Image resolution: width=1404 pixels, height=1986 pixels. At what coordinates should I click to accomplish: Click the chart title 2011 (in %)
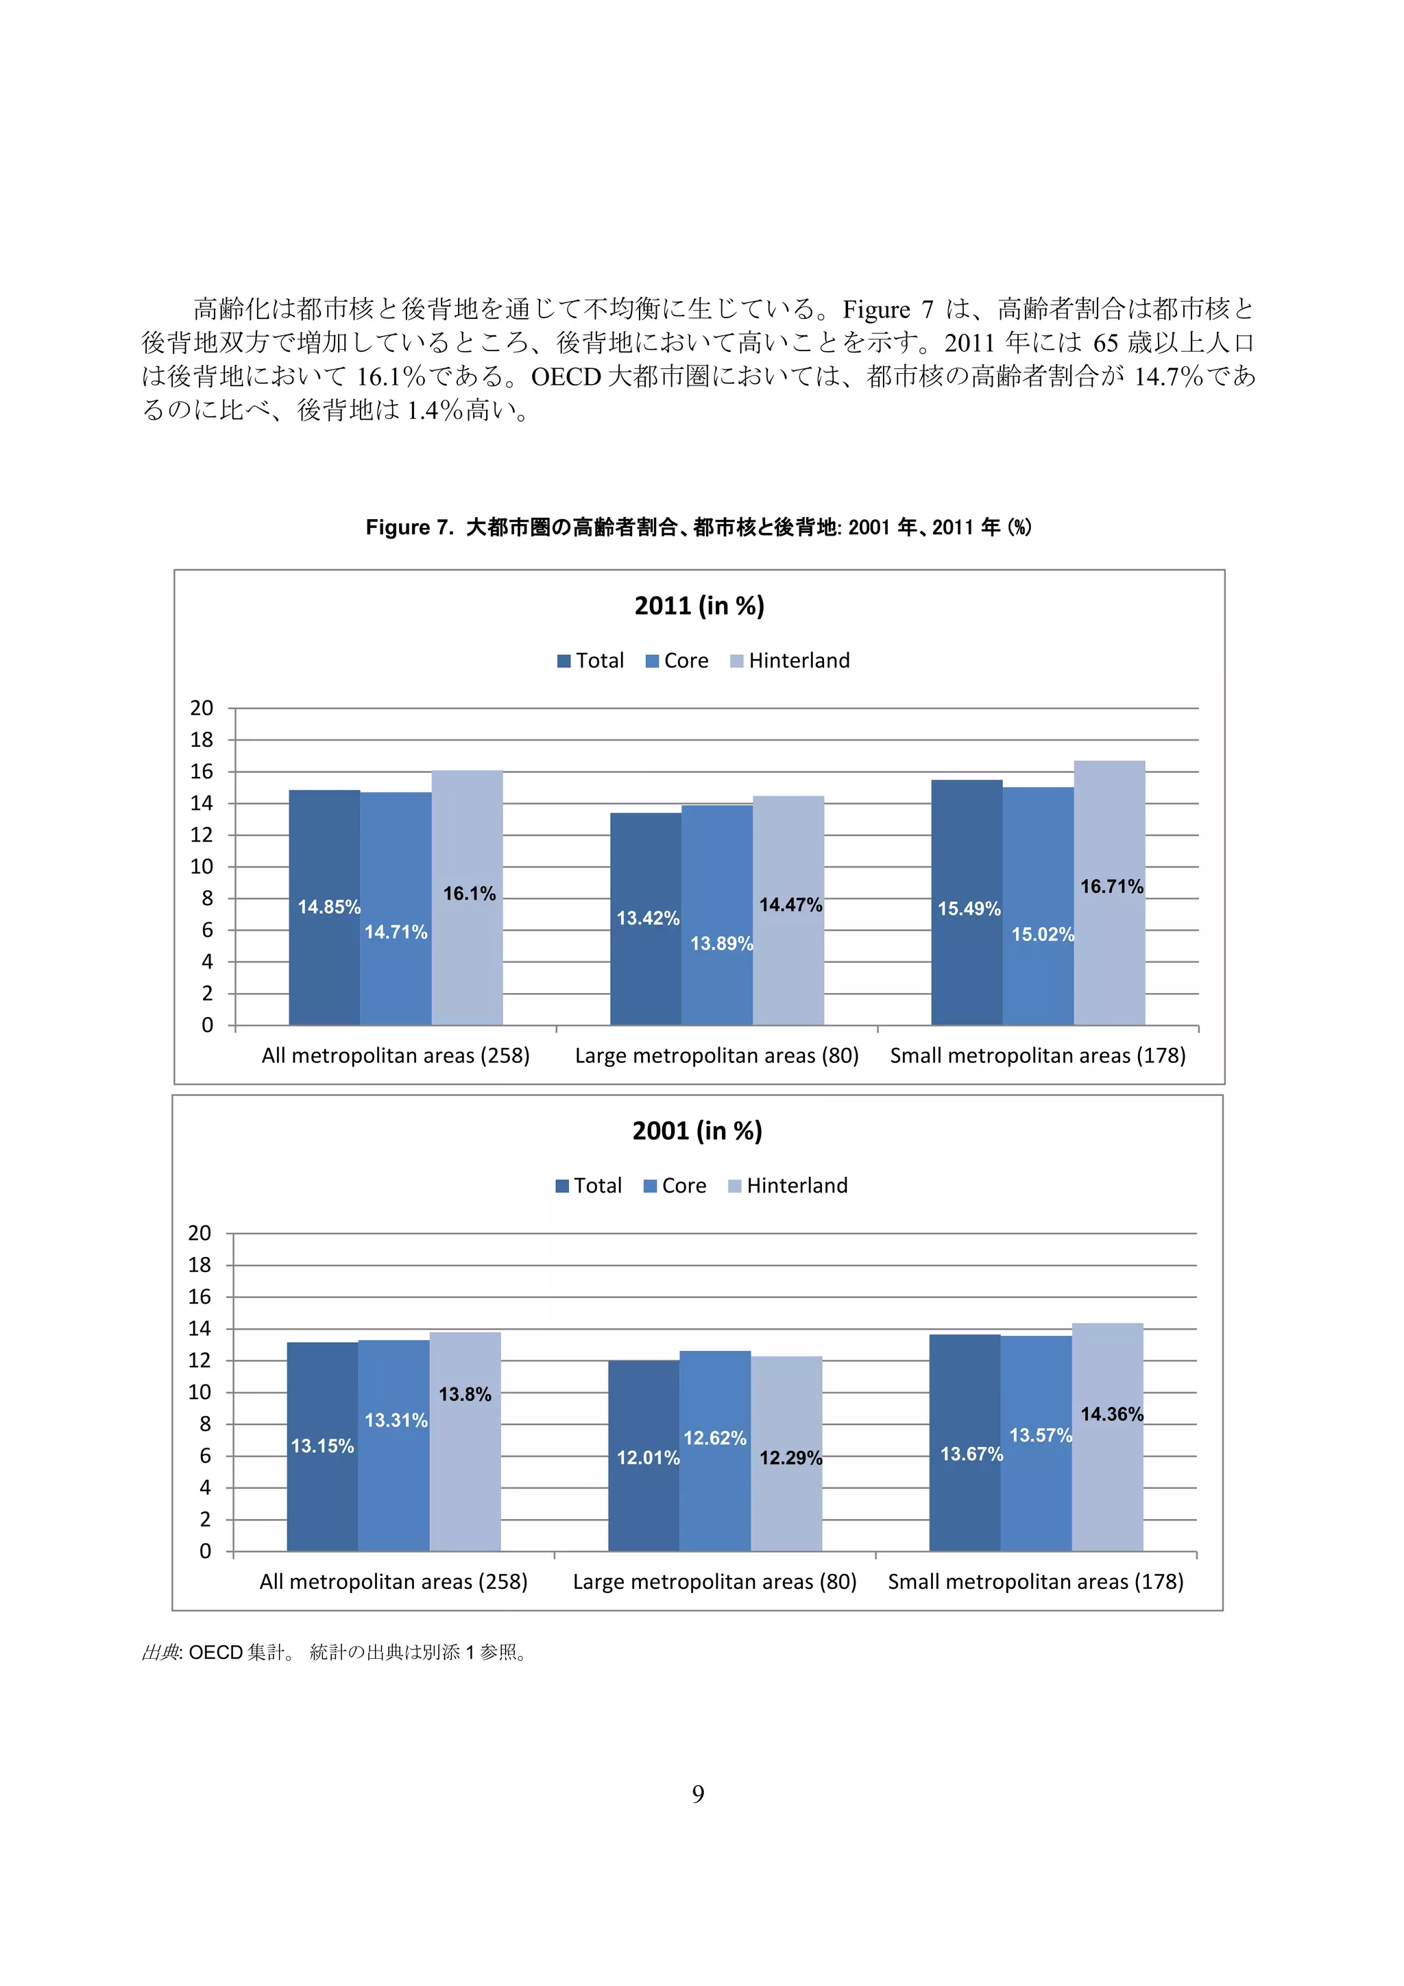point(699,606)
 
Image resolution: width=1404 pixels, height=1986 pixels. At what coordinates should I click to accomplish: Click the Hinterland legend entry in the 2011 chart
point(790,661)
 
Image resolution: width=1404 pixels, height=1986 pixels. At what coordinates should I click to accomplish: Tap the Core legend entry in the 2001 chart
point(675,1186)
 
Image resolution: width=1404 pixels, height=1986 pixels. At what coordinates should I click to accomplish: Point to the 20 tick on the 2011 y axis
point(202,708)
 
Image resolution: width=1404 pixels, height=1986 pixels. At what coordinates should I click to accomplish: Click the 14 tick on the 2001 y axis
point(199,1328)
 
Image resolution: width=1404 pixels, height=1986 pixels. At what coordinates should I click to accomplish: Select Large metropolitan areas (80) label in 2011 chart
point(716,1055)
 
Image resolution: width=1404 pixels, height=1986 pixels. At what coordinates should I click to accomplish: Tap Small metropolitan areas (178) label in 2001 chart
point(1036,1581)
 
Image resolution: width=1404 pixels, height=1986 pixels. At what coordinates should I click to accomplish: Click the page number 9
point(699,1794)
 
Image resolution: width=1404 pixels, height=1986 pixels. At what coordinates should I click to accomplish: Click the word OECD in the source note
point(215,1652)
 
